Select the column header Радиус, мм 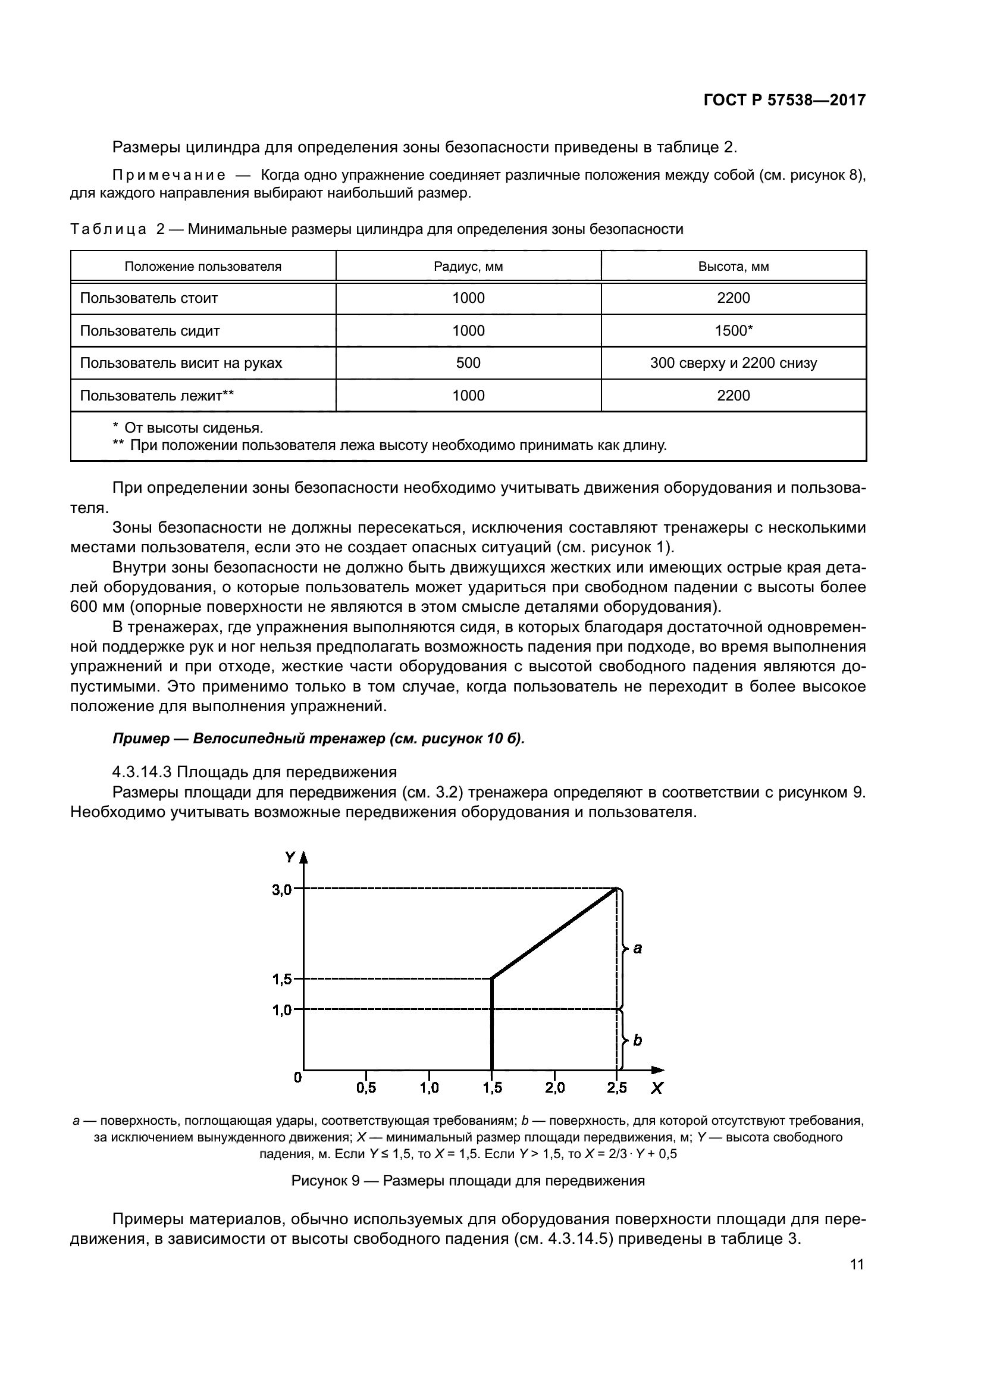(468, 267)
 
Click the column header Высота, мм (733, 267)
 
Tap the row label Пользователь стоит (149, 298)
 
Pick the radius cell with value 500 (468, 363)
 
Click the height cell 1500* (733, 331)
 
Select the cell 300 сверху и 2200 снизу (733, 363)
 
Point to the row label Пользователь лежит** (157, 396)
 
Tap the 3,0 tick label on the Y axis (282, 890)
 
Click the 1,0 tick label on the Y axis (282, 1010)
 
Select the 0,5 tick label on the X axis (366, 1088)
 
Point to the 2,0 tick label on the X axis (554, 1088)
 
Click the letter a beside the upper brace (637, 949)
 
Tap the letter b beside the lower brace (637, 1040)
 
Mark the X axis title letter (657, 1089)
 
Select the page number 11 (857, 1265)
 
